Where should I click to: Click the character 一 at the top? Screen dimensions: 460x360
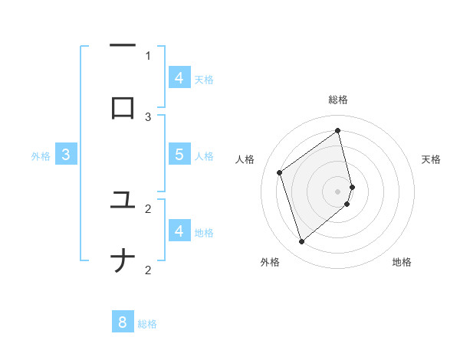tap(123, 46)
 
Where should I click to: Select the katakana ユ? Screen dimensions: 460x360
tap(123, 200)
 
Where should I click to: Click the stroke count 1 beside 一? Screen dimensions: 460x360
tap(148, 55)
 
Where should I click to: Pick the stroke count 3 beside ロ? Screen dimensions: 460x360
tap(148, 116)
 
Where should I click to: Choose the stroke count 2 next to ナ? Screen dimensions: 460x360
tap(148, 270)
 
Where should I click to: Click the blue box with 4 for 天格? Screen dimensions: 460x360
tap(179, 77)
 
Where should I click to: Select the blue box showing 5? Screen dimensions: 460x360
tap(179, 154)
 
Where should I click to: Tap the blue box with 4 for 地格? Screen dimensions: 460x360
tap(179, 231)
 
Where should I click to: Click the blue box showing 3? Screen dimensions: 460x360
tap(67, 154)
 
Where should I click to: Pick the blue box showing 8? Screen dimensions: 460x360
tap(123, 322)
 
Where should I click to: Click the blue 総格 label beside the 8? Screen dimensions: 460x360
tap(147, 324)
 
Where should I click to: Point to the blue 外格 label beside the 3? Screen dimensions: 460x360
tap(41, 156)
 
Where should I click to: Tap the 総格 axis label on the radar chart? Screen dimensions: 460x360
tap(338, 100)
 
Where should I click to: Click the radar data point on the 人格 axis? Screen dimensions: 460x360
tap(280, 172)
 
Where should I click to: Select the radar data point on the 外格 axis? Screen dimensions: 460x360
tap(301, 242)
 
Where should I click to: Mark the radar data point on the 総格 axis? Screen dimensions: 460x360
tap(338, 130)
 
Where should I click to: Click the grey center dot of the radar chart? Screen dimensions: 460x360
tap(338, 190)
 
